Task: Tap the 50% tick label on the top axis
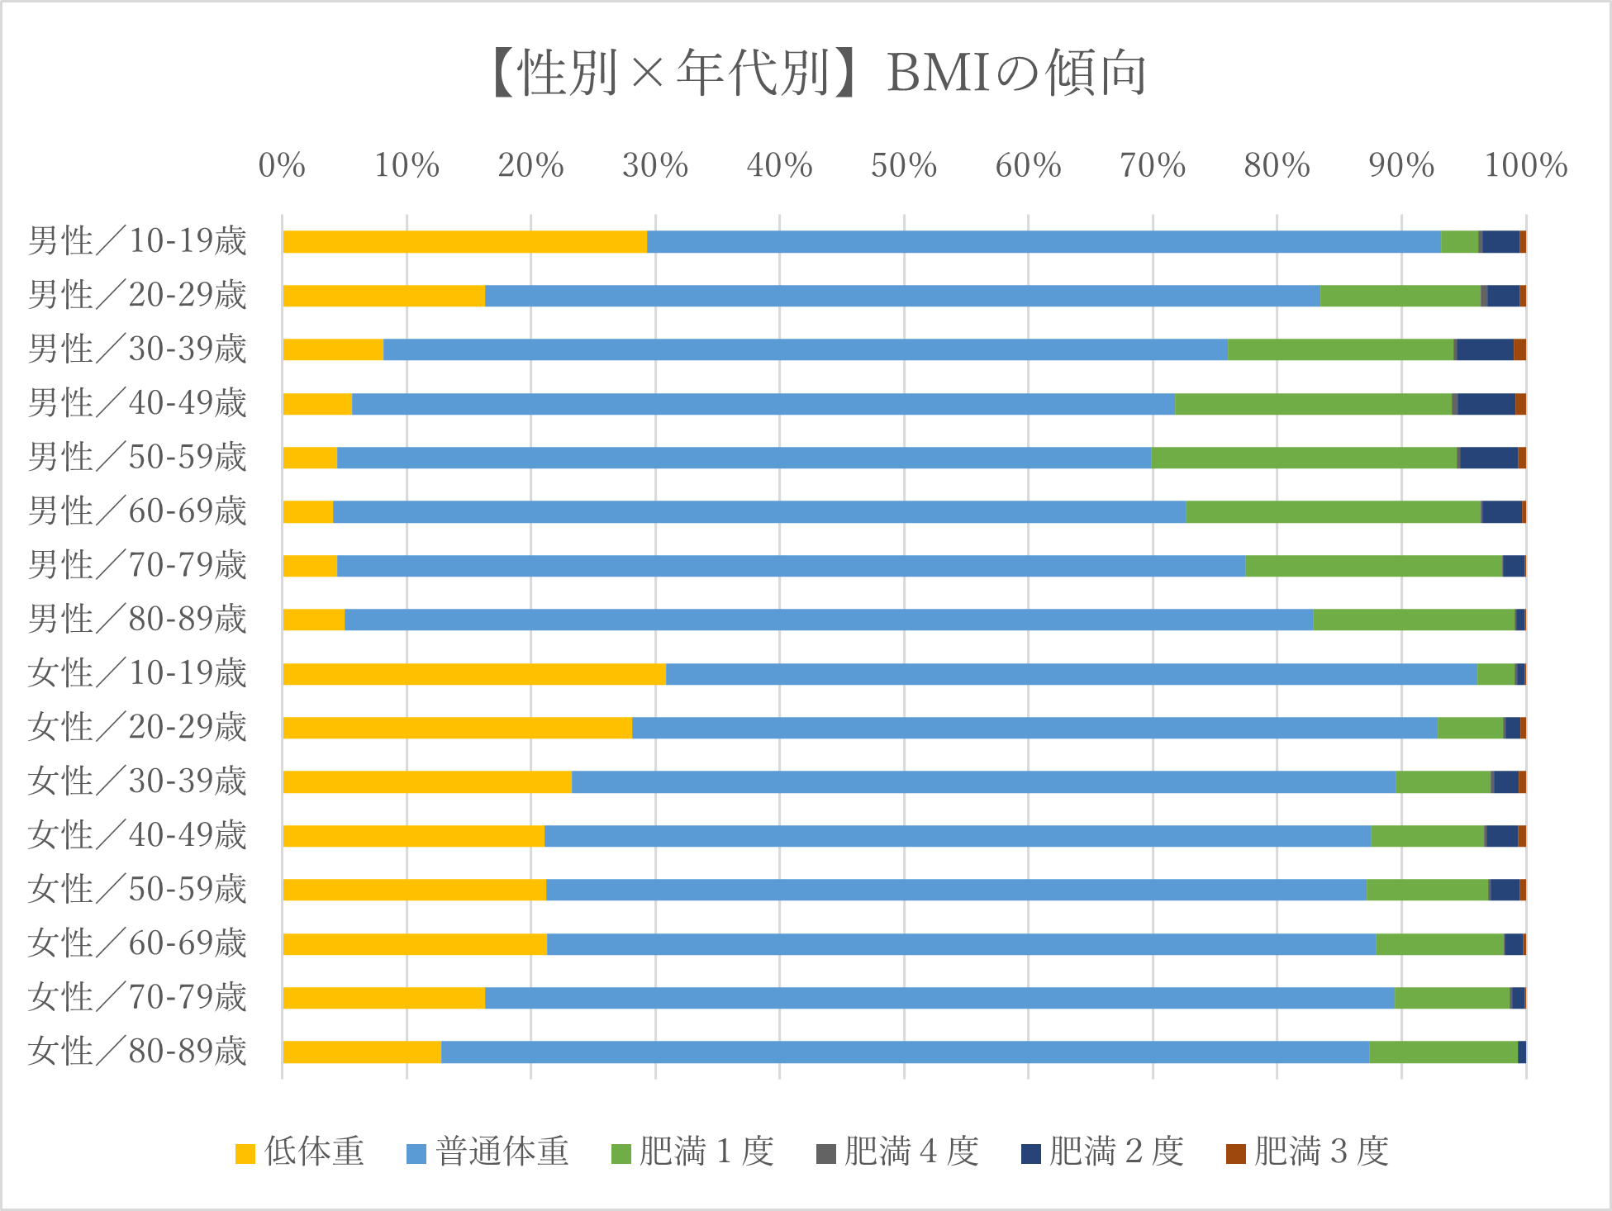(x=903, y=166)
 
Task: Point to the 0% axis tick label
(x=282, y=166)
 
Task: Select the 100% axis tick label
(x=1525, y=166)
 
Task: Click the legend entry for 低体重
(x=300, y=1152)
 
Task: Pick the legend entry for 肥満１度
(x=692, y=1152)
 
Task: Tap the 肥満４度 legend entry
(x=897, y=1152)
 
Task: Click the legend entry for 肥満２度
(x=1102, y=1152)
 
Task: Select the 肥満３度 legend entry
(x=1307, y=1152)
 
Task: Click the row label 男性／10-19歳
(x=137, y=241)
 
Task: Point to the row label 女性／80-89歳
(x=137, y=1052)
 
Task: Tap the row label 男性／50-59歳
(x=137, y=458)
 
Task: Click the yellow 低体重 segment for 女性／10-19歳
(x=474, y=674)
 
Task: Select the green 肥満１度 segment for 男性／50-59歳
(x=1304, y=458)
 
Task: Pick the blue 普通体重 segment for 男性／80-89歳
(x=828, y=620)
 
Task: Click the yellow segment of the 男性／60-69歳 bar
(x=308, y=512)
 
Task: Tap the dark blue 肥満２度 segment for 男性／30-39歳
(x=1485, y=349)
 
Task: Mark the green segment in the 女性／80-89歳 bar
(x=1443, y=1052)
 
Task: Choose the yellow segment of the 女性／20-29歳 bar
(x=457, y=728)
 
